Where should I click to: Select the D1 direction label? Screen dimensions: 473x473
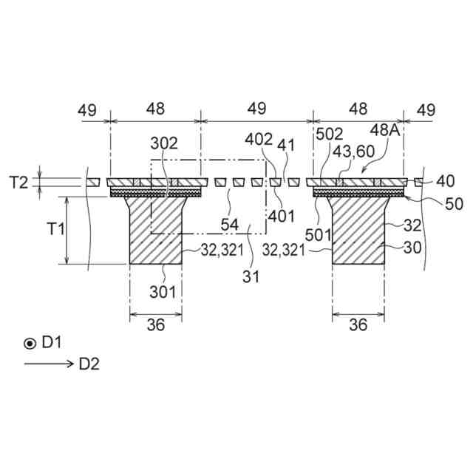pos(51,342)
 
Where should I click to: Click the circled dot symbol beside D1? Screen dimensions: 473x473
pos(30,342)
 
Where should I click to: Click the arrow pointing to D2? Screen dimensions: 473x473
pos(48,363)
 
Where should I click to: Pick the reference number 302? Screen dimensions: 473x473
pos(164,142)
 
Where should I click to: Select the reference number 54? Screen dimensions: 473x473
pos(229,222)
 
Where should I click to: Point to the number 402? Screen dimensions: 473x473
pos(261,139)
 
